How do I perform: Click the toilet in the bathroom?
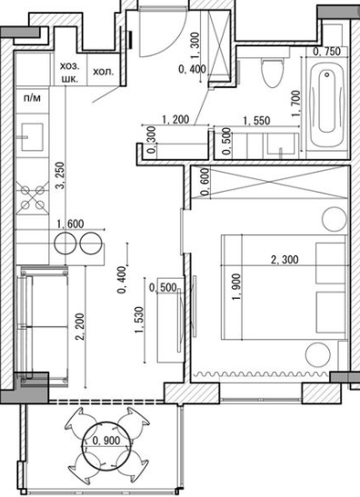click(271, 73)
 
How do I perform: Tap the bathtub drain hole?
click(327, 75)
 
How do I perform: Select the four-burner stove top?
click(33, 198)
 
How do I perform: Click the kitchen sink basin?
click(33, 137)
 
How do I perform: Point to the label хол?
click(103, 72)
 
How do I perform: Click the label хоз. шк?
click(70, 73)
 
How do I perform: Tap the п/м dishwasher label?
click(32, 98)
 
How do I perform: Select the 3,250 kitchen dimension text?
click(60, 176)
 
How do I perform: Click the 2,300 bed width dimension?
click(285, 260)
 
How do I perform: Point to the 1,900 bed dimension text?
click(236, 287)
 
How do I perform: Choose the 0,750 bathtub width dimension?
click(326, 52)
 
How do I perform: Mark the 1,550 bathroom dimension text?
click(256, 121)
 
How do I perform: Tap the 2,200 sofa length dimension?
click(80, 327)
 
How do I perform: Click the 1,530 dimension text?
click(140, 320)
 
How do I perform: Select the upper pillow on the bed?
click(330, 263)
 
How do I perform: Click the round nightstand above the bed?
click(335, 219)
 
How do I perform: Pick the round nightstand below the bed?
click(317, 355)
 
